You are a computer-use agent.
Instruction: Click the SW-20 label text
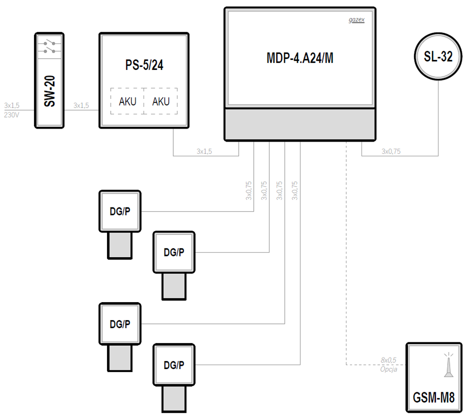(x=50, y=91)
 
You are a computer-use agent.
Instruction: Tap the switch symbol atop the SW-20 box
(x=50, y=47)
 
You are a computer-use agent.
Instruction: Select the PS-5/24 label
(x=144, y=65)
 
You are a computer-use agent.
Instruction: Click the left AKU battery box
(x=127, y=101)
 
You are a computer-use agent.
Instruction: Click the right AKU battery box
(x=161, y=101)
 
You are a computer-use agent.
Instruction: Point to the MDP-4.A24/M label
(x=300, y=58)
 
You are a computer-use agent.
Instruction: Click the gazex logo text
(x=357, y=20)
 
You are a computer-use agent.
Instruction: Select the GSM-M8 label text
(x=434, y=398)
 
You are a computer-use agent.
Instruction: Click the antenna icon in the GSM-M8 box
(x=448, y=365)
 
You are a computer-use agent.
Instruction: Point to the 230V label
(x=12, y=115)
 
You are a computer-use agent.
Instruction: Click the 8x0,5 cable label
(x=388, y=360)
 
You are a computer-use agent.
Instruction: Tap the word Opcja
(x=388, y=370)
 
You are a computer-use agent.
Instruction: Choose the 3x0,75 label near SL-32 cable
(x=391, y=151)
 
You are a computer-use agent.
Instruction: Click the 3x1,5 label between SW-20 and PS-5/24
(x=81, y=106)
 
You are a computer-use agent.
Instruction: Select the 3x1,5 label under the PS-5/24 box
(x=204, y=151)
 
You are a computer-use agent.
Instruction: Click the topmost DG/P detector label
(x=120, y=212)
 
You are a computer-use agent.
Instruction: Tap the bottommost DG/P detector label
(x=174, y=365)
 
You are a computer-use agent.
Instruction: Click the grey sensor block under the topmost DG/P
(x=120, y=245)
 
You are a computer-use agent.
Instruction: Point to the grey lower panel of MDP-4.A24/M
(x=300, y=124)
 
